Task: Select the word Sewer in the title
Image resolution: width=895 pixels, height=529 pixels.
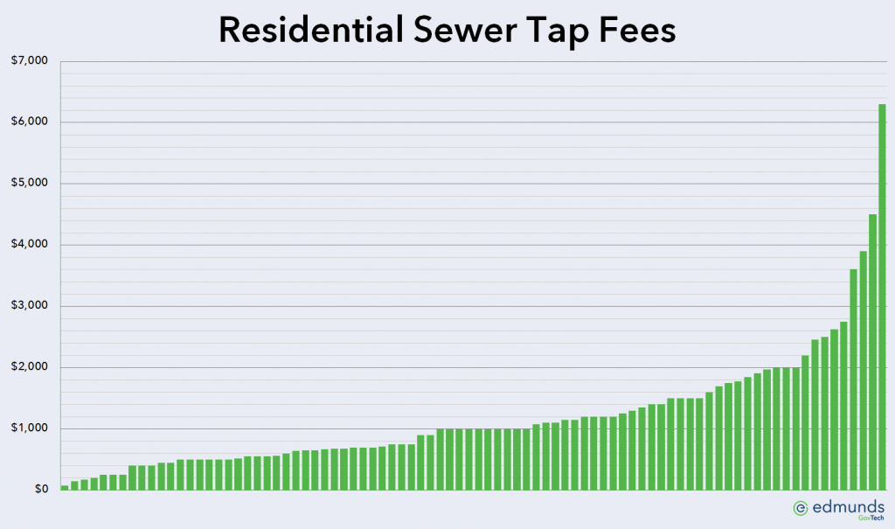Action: pyautogui.click(x=465, y=30)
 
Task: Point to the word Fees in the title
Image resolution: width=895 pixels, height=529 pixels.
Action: pyautogui.click(x=637, y=30)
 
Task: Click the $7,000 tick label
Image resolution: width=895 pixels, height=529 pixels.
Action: pyautogui.click(x=30, y=60)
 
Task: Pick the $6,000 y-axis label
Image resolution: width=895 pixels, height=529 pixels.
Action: pyautogui.click(x=30, y=122)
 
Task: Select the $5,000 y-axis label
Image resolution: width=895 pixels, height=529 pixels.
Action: pyautogui.click(x=30, y=183)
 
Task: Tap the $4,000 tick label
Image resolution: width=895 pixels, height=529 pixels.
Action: pyautogui.click(x=30, y=245)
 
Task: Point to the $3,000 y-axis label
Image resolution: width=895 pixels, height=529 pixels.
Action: pyautogui.click(x=30, y=306)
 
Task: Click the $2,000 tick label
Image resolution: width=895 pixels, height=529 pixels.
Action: pyautogui.click(x=30, y=366)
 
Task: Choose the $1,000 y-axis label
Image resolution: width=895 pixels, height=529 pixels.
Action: pyautogui.click(x=30, y=428)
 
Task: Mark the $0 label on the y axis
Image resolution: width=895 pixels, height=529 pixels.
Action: pyautogui.click(x=41, y=490)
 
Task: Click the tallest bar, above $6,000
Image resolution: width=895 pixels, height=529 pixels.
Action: pyautogui.click(x=882, y=297)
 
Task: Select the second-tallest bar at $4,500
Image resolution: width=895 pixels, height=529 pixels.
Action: pyautogui.click(x=872, y=352)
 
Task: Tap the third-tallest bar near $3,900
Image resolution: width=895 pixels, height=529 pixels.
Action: pyautogui.click(x=863, y=370)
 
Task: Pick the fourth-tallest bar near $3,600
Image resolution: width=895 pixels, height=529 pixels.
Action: pyautogui.click(x=853, y=379)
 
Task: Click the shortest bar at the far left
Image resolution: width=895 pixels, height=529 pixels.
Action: pyautogui.click(x=65, y=488)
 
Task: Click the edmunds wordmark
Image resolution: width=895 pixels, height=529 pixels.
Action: pyautogui.click(x=848, y=507)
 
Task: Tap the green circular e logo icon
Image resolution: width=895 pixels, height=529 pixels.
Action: pyautogui.click(x=801, y=508)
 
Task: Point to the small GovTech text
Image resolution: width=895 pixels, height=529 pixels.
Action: pyautogui.click(x=871, y=519)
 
